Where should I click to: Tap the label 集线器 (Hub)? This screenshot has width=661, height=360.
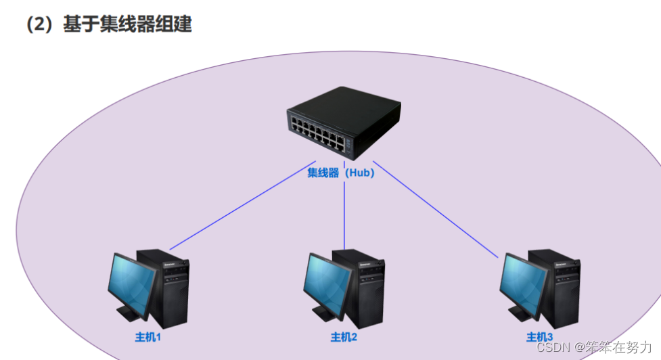pyautogui.click(x=341, y=173)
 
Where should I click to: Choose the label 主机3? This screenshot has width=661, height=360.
pyautogui.click(x=540, y=336)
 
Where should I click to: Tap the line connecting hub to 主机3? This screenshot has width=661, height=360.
pyautogui.click(x=436, y=210)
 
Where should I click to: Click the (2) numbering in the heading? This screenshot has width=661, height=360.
pyautogui.click(x=40, y=24)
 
